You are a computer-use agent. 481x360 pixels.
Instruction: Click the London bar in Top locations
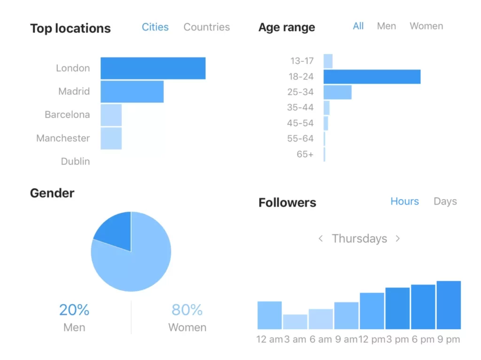[x=153, y=68]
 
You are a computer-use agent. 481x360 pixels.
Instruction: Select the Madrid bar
[x=132, y=92]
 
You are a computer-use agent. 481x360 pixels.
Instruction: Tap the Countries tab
[x=207, y=27]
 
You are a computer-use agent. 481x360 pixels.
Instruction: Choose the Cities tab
[x=155, y=27]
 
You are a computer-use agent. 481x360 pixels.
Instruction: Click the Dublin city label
[x=75, y=161]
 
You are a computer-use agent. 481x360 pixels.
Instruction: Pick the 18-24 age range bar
[x=372, y=77]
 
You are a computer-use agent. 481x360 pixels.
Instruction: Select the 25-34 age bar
[x=337, y=92]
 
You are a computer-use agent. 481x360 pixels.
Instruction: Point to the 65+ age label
[x=305, y=154]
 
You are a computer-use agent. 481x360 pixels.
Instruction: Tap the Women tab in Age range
[x=426, y=26]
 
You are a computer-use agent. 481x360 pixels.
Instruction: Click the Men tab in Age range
[x=386, y=26]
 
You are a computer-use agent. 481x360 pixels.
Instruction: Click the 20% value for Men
[x=74, y=310]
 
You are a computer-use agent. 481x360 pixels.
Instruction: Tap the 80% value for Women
[x=187, y=310]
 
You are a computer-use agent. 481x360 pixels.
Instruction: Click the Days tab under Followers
[x=445, y=201]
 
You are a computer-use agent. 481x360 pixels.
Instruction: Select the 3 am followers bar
[x=295, y=322]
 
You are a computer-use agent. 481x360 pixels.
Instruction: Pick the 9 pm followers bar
[x=449, y=305]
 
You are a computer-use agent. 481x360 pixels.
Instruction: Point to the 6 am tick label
[x=320, y=339]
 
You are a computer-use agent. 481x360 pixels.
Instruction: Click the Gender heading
[x=52, y=193]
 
